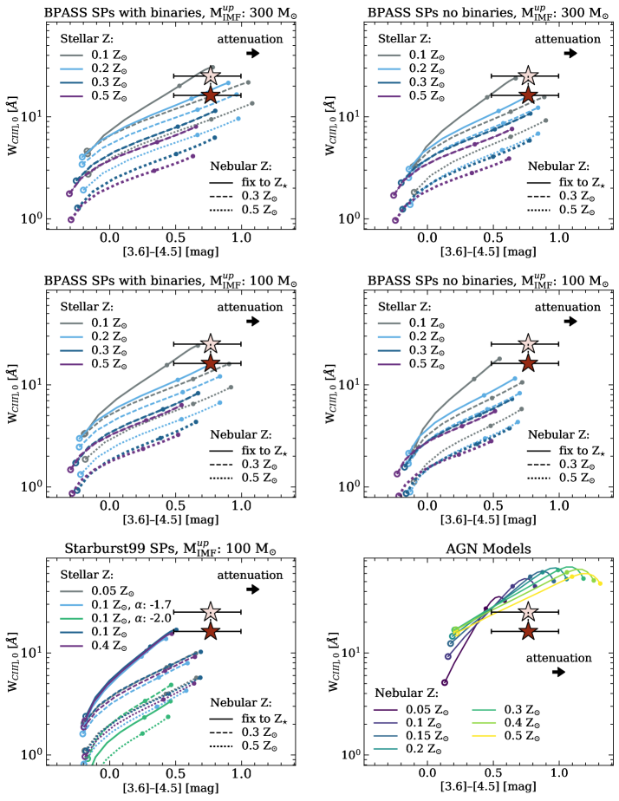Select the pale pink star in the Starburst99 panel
pos(209,612)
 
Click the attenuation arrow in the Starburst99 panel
pos(253,589)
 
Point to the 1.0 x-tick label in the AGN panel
pos(559,772)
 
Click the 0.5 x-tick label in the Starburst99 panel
pos(176,772)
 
